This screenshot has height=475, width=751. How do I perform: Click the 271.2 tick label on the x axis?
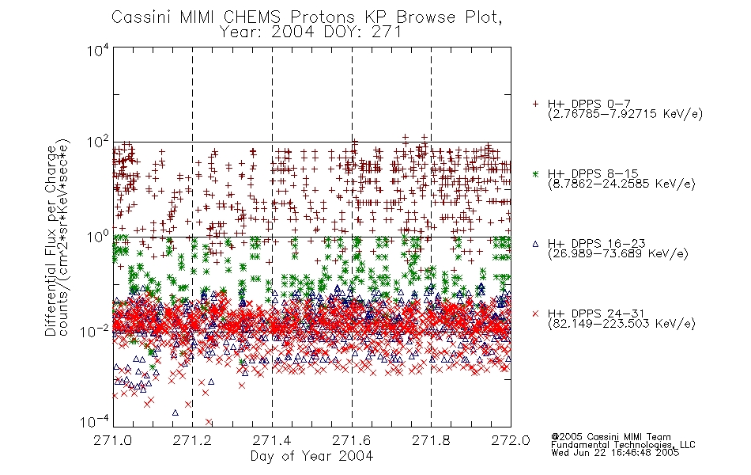tap(192, 440)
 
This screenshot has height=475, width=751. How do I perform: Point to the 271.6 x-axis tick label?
tap(352, 440)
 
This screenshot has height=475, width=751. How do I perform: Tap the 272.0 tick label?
tap(511, 440)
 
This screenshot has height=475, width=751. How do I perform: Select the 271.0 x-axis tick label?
tap(112, 440)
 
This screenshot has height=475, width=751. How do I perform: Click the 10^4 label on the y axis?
tap(98, 50)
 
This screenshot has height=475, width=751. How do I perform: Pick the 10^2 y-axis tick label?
tap(98, 142)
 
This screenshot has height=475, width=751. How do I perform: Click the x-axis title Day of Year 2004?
tap(311, 456)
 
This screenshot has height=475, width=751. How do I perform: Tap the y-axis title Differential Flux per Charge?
tap(51, 241)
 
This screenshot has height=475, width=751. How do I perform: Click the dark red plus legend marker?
tap(535, 104)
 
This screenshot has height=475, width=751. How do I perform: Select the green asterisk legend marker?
tap(535, 173)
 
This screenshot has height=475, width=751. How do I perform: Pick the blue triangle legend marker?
tap(535, 244)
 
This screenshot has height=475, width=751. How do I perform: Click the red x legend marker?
tap(535, 313)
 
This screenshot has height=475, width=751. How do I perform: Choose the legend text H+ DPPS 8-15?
tap(593, 173)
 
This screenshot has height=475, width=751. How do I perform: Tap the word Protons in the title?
tap(322, 17)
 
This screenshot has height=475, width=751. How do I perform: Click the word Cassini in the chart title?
tap(142, 17)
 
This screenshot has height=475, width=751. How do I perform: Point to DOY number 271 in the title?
tap(386, 32)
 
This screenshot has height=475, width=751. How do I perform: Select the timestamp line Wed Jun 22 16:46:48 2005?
tap(615, 453)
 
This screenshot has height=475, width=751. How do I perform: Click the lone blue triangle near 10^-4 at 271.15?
tap(175, 412)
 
